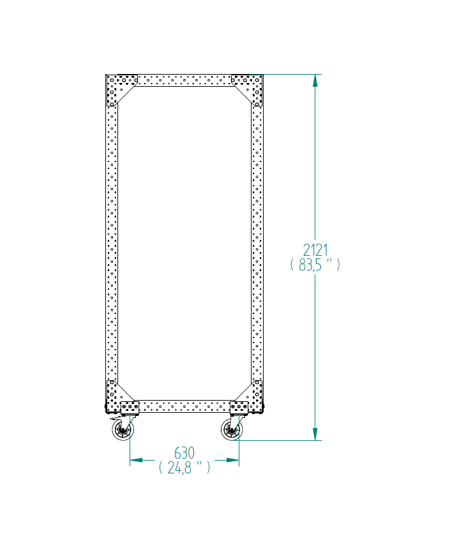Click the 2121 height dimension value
point(315,250)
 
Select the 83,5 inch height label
point(315,265)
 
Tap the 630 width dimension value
point(184,453)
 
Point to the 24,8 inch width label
point(184,468)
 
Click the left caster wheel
point(123,430)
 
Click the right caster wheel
point(232,430)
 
